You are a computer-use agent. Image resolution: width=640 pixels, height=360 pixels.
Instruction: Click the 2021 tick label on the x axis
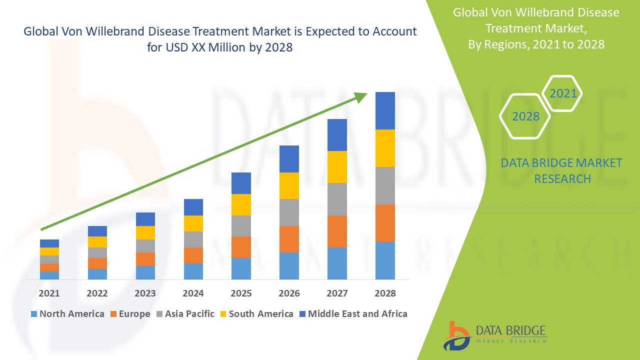[x=49, y=293]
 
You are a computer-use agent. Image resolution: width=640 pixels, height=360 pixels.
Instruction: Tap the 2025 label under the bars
[x=241, y=293]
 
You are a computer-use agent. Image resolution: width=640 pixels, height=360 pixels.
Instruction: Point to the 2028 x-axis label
[x=385, y=293]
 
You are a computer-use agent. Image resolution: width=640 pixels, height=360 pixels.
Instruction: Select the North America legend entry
[x=67, y=314]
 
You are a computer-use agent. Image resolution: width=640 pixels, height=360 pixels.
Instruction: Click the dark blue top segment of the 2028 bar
[x=385, y=110]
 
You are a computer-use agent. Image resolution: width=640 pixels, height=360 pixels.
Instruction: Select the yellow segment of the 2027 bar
[x=337, y=167]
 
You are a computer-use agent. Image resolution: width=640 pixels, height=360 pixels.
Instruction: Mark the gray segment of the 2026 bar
[x=289, y=212]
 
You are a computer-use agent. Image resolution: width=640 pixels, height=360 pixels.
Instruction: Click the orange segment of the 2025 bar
[x=241, y=247]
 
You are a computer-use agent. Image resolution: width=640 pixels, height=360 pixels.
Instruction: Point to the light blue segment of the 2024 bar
[x=193, y=271]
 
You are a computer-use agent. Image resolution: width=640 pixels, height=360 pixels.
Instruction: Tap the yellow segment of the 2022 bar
[x=97, y=242]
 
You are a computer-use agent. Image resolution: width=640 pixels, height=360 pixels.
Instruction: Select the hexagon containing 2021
[x=562, y=93]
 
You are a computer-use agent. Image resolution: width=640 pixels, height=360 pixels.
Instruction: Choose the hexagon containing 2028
[x=525, y=116]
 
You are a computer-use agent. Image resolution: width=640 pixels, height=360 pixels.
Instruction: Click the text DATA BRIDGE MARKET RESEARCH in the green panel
[x=562, y=170]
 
